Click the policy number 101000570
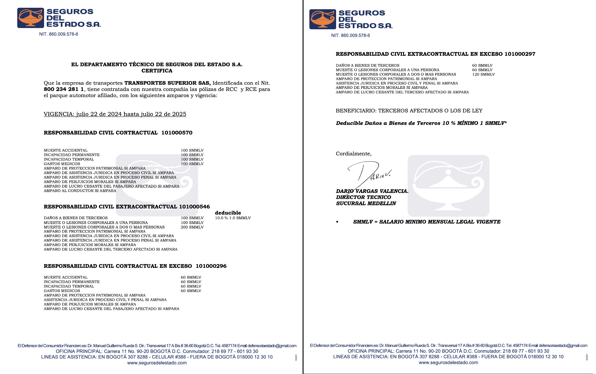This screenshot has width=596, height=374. point(177,133)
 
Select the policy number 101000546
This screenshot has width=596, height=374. point(194,207)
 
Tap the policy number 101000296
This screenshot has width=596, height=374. point(211,266)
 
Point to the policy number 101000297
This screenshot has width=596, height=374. point(520,54)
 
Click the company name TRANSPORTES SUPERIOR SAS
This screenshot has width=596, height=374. point(167,83)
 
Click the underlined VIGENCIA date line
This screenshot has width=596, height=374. point(115,114)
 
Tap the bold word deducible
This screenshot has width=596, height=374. point(228,213)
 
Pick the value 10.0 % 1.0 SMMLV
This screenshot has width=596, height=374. point(233,218)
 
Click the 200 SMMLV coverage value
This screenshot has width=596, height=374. point(192,227)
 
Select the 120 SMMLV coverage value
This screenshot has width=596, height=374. point(483,74)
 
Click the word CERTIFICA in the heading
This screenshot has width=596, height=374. point(157,71)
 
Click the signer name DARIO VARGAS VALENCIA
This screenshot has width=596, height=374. point(372,191)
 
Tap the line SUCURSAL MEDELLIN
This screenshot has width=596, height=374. point(366,203)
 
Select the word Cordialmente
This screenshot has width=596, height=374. point(353,154)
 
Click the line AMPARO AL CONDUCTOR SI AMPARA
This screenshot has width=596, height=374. point(80,191)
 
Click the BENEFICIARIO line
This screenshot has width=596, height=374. point(409,111)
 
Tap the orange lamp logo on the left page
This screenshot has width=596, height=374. point(31,18)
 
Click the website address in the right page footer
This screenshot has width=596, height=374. point(448,363)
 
